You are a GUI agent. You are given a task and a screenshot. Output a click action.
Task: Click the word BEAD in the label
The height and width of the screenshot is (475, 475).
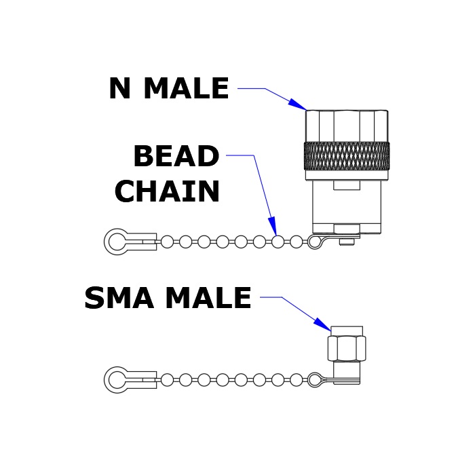pos(176,155)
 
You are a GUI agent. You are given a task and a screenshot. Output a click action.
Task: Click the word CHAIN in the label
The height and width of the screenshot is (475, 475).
pos(167,191)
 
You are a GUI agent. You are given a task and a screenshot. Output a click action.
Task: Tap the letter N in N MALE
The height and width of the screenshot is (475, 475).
pos(119,88)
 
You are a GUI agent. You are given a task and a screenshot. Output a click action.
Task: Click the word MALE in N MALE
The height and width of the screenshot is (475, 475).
pos(187,88)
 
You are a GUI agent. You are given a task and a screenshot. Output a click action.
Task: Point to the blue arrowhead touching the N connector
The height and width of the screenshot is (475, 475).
pos(297,104)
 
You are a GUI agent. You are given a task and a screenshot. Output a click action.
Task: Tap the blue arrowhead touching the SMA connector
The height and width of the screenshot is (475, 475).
pos(322,324)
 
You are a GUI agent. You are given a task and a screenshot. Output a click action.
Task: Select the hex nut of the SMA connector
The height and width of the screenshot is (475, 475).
pos(347,347)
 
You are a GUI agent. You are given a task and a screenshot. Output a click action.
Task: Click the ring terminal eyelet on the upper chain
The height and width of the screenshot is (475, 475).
pos(117,242)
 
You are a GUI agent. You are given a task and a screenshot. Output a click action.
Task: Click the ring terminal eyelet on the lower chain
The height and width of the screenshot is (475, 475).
pos(117,379)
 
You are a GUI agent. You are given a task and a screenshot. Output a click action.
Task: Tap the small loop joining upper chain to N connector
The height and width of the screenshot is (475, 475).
pos(316,242)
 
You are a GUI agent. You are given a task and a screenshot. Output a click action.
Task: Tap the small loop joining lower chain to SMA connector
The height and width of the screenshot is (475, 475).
pos(316,379)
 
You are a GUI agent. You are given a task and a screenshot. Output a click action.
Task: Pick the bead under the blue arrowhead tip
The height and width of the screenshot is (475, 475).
pos(278,242)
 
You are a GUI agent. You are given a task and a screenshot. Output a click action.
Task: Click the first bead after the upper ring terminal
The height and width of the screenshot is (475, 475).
pos(167,242)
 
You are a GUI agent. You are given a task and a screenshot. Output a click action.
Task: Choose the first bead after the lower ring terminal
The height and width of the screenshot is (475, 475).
pos(167,380)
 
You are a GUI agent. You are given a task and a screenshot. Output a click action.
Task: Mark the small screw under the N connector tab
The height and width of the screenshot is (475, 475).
pos(347,242)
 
